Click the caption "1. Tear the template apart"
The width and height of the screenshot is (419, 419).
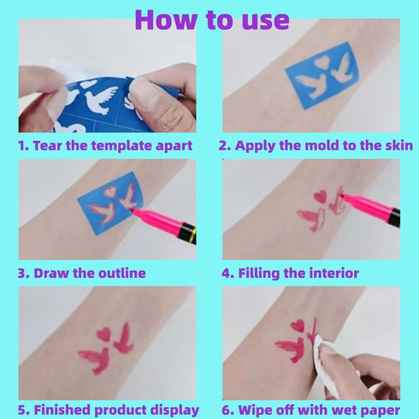(105, 145)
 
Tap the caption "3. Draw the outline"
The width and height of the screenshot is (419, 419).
(81, 274)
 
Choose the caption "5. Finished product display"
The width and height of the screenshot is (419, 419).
(109, 410)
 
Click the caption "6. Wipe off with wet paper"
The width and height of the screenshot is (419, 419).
(310, 410)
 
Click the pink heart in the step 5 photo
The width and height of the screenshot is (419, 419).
(103, 334)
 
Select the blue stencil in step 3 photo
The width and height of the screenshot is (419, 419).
(107, 205)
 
